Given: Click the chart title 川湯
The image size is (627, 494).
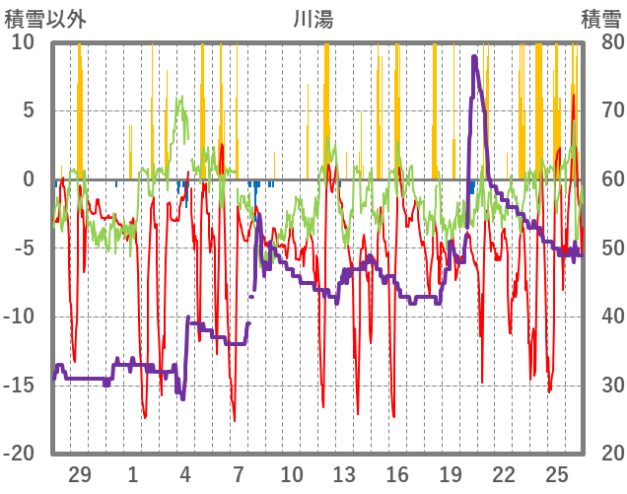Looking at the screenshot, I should (x=313, y=18).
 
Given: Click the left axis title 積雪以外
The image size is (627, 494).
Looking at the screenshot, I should (x=42, y=18).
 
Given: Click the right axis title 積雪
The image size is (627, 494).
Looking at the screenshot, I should (x=600, y=18).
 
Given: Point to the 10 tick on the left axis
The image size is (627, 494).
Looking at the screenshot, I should (x=23, y=42).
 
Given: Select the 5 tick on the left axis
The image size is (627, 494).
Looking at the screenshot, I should (x=29, y=110).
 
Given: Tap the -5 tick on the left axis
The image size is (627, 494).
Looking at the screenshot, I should (x=25, y=247).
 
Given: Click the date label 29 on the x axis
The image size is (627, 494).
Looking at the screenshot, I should (x=80, y=472).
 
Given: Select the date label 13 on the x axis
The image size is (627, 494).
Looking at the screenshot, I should (x=344, y=472).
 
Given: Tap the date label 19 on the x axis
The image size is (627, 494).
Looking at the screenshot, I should (x=451, y=472).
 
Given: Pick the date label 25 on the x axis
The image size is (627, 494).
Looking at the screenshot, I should (x=557, y=472).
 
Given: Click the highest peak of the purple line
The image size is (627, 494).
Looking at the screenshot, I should (x=474, y=56).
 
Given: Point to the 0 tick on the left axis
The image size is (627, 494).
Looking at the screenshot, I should (x=29, y=179).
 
